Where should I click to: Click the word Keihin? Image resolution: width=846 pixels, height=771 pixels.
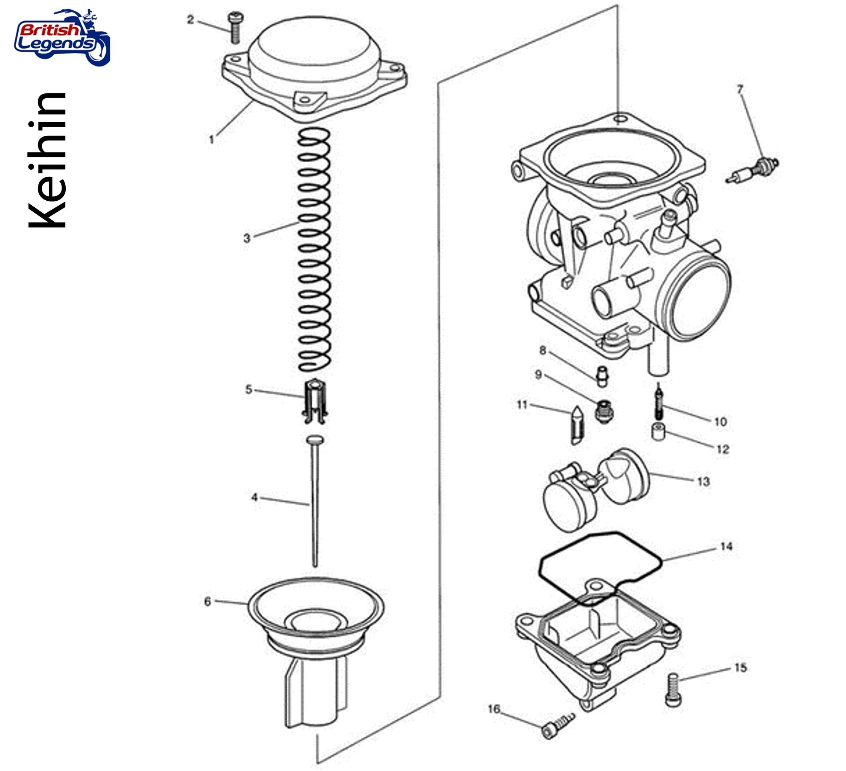(x=48, y=161)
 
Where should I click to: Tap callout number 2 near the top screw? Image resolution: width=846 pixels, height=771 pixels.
(x=190, y=20)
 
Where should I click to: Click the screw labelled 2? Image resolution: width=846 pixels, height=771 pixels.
(x=235, y=28)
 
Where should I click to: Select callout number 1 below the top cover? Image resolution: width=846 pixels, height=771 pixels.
(x=211, y=140)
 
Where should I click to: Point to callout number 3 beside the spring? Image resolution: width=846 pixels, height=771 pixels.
(x=247, y=238)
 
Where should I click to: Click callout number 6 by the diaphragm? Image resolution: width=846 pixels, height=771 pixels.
(x=207, y=602)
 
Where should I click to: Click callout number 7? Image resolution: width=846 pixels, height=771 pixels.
(x=740, y=89)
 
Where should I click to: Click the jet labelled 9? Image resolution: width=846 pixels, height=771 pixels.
(x=603, y=411)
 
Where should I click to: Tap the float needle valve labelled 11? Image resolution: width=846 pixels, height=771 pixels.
(x=577, y=425)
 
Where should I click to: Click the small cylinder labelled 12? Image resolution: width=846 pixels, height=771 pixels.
(x=658, y=432)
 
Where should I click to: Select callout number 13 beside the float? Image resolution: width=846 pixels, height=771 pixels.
(x=703, y=482)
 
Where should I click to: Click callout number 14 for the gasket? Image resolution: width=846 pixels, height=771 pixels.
(x=726, y=547)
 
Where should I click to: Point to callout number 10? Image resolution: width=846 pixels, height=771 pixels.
(x=720, y=422)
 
